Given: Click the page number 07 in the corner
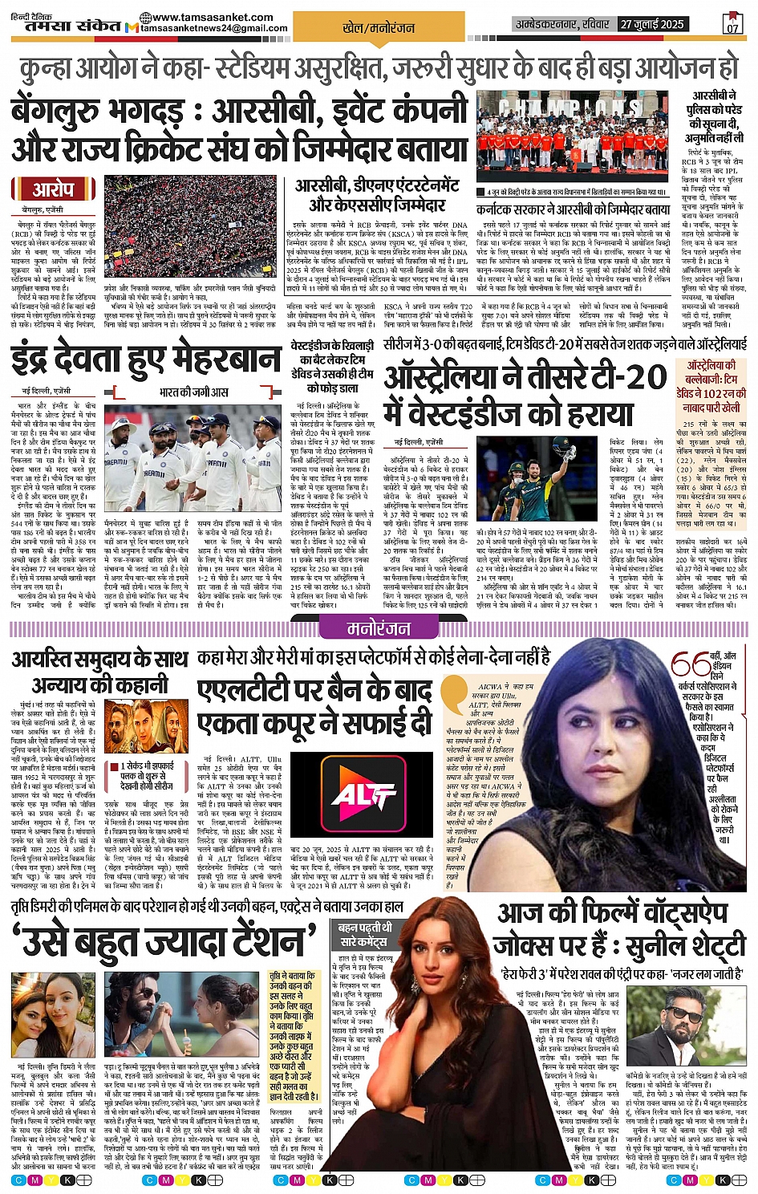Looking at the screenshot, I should coord(732,24).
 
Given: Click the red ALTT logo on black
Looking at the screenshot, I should coord(363,795).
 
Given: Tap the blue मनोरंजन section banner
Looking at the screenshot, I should coord(379,627).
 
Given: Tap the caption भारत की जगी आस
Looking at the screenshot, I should coord(193,392).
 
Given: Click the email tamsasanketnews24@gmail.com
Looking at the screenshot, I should coord(214,29).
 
